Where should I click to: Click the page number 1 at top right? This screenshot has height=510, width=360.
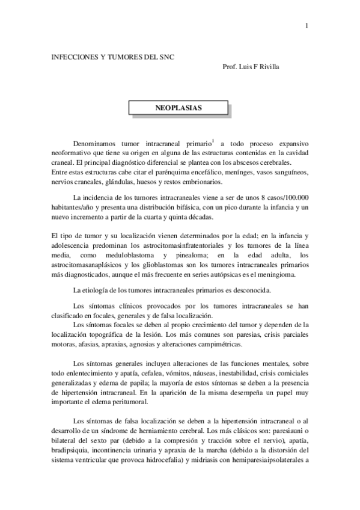coord(307,25)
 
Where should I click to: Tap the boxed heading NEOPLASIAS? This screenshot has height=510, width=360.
coord(179,108)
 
